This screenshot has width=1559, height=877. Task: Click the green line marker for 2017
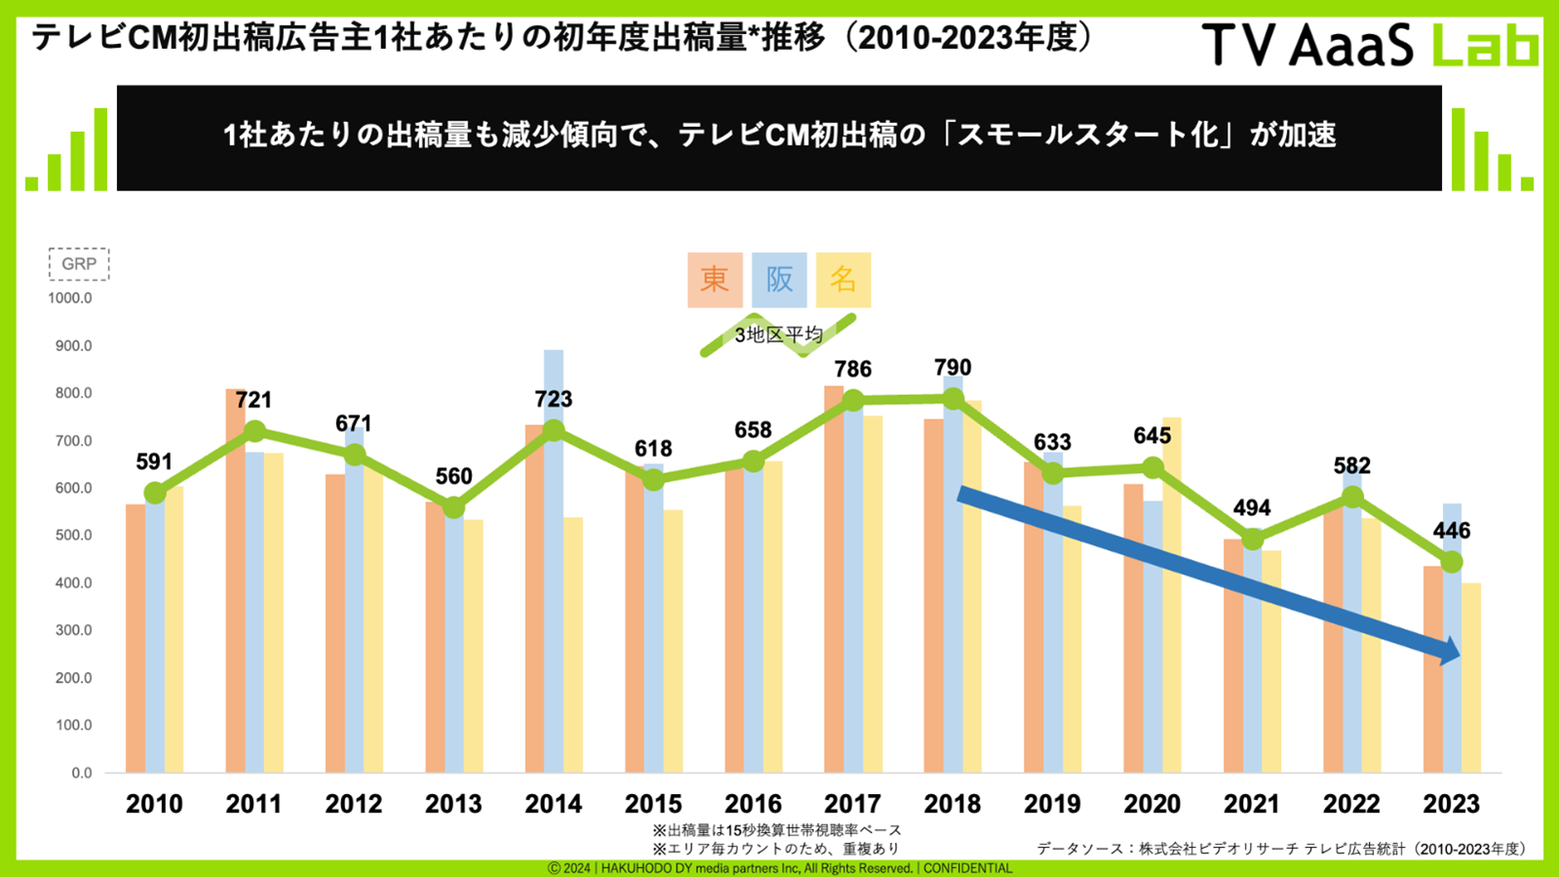click(x=853, y=400)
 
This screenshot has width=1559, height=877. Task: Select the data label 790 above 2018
click(x=953, y=368)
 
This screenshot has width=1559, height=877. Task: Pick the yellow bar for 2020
click(x=1172, y=595)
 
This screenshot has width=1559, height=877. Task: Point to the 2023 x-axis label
click(x=1451, y=804)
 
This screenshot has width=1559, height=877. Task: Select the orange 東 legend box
click(x=715, y=280)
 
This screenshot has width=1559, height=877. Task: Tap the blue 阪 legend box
click(x=779, y=280)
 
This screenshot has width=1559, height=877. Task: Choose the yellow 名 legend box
click(x=843, y=280)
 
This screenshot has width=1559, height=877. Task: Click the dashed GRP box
click(x=79, y=264)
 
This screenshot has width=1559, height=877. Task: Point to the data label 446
click(x=1452, y=531)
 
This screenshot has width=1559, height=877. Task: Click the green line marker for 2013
click(x=453, y=507)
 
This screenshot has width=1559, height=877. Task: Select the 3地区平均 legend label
click(x=778, y=335)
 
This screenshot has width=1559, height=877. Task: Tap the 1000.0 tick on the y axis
click(x=70, y=298)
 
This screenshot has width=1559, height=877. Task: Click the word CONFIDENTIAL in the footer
click(x=968, y=868)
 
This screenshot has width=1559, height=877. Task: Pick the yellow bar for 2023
click(x=1470, y=678)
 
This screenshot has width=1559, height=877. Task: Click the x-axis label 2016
click(x=753, y=804)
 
